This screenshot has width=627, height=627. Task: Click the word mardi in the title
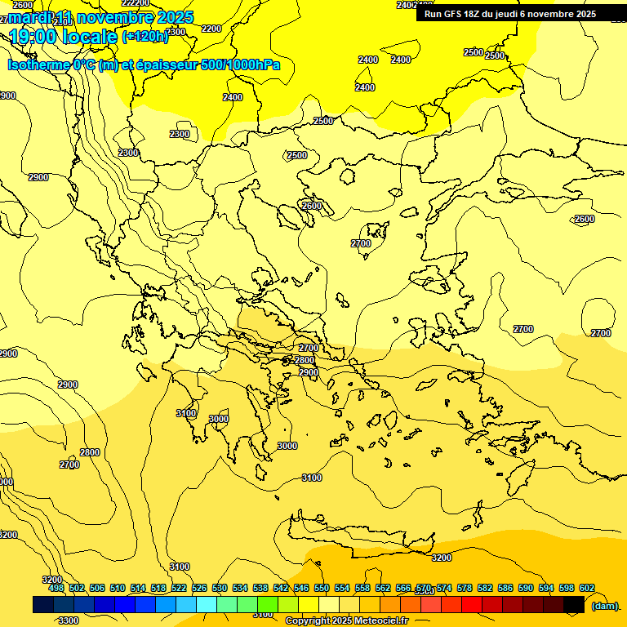(29, 17)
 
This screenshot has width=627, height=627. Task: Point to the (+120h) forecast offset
(145, 36)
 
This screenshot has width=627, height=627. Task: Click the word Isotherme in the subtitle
(38, 64)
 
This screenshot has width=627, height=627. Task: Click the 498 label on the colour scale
(56, 588)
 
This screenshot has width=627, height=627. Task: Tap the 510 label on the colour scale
(118, 588)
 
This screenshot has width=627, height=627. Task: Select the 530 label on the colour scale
(220, 588)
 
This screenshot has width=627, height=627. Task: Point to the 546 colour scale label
(301, 588)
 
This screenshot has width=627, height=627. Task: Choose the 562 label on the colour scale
(383, 588)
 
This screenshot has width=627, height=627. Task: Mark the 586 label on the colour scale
(505, 588)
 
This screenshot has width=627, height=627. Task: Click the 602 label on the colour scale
(587, 588)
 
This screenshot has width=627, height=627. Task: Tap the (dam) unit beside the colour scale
(604, 606)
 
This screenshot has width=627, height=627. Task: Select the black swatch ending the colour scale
(574, 605)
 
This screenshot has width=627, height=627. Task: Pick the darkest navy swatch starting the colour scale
(43, 605)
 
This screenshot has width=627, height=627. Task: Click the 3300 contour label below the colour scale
(69, 620)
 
